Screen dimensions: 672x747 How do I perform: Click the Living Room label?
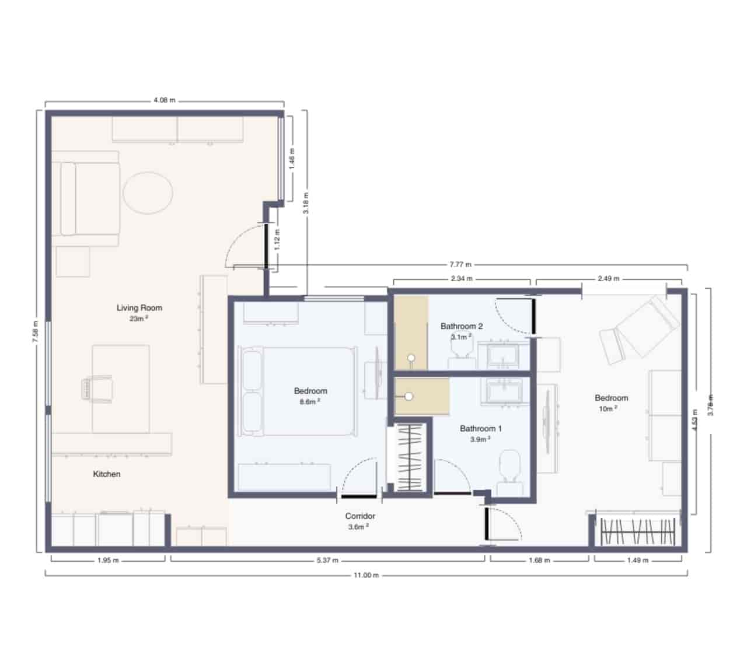point(139,307)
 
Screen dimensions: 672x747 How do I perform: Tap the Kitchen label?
point(107,474)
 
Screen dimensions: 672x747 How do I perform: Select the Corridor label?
point(360,516)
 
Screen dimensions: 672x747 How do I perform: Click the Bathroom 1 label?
point(481,428)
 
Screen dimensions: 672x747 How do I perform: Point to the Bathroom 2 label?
point(462,326)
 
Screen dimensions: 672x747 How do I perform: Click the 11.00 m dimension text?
point(366,575)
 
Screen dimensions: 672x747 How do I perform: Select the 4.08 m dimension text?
point(164,100)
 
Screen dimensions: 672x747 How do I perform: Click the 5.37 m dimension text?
point(327,560)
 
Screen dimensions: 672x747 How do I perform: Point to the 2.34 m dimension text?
point(462,279)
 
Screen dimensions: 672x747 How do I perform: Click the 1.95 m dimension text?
point(107,560)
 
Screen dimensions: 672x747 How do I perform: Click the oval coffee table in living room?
point(148,193)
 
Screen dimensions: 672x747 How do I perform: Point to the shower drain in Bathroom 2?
point(412,357)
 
